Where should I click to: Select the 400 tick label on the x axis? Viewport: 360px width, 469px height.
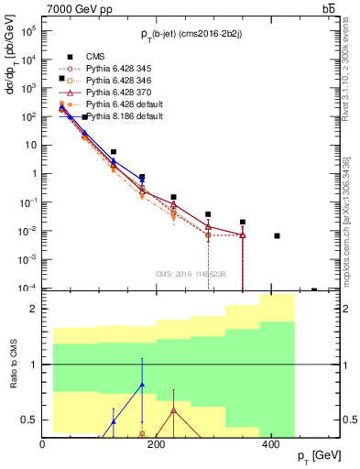[270, 445]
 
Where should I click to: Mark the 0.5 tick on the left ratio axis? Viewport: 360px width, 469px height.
[30, 420]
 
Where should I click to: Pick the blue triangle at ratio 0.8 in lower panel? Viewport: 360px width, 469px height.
[142, 386]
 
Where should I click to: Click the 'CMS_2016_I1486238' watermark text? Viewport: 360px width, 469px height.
[191, 274]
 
